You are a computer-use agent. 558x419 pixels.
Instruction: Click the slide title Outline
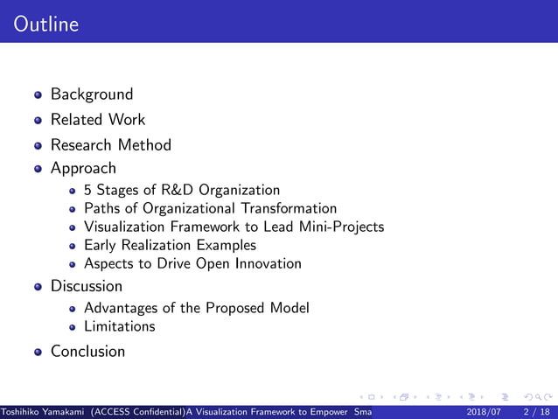click(46, 24)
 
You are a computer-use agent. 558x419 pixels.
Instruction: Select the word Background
click(92, 94)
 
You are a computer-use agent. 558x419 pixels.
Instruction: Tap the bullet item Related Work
click(98, 120)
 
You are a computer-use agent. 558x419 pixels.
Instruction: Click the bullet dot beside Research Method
click(38, 146)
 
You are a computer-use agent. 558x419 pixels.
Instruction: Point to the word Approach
click(83, 168)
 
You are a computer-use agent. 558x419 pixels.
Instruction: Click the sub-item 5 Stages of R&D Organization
click(182, 190)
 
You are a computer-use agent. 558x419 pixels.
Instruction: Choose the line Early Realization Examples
click(170, 246)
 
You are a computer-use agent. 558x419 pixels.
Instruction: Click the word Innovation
click(263, 264)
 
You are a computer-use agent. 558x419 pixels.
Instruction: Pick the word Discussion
click(87, 286)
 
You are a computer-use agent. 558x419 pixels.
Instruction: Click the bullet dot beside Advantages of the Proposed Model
click(73, 309)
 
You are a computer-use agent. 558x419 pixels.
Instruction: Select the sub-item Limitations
click(119, 326)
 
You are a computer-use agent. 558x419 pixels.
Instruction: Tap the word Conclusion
click(87, 352)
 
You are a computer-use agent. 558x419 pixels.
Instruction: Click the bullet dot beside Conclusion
click(38, 353)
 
